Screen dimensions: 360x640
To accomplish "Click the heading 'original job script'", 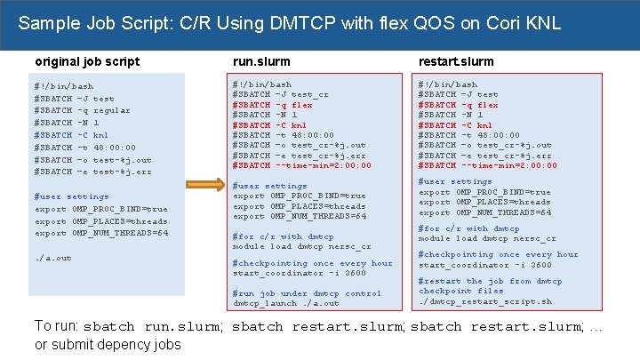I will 86,61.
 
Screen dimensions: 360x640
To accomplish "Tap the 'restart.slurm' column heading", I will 456,62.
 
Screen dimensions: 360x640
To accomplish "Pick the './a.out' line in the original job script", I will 52,258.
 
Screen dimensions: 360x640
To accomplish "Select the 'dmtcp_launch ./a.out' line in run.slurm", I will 285,303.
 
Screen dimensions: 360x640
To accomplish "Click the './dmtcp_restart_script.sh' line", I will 485,301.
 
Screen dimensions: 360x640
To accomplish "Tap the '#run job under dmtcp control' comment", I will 307,293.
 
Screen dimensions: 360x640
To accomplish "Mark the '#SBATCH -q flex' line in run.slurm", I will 272,105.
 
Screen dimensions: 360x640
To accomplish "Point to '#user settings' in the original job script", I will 71,196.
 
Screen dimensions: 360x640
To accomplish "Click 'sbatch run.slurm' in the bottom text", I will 157,326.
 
